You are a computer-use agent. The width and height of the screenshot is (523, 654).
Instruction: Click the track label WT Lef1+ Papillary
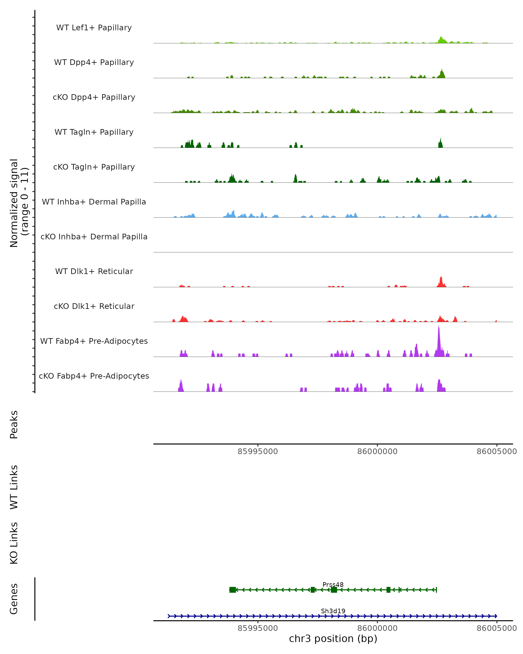point(94,28)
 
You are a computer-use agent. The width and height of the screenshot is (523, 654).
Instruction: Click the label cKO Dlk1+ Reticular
point(94,306)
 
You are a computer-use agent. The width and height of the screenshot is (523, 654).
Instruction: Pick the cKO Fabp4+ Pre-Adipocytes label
point(94,376)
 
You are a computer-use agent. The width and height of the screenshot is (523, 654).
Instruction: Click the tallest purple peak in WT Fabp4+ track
point(439,337)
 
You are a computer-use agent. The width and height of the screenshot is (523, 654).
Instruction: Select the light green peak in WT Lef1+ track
point(441,39)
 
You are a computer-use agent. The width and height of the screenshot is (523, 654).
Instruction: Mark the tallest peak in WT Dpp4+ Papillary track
point(442,73)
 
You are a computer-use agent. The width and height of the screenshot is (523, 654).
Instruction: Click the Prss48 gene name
point(333,584)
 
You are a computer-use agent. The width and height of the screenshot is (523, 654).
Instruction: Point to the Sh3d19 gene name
point(333,611)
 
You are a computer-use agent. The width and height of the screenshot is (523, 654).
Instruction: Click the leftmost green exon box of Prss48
point(233,590)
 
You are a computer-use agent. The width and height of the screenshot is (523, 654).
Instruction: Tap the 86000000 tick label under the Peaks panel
point(377,451)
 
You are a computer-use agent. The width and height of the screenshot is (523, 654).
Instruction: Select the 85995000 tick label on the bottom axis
point(258,628)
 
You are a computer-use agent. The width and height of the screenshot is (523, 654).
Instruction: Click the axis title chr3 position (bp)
point(333,639)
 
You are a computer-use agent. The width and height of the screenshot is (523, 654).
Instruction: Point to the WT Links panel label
point(14,487)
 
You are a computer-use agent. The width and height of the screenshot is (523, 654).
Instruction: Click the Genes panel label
point(14,599)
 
